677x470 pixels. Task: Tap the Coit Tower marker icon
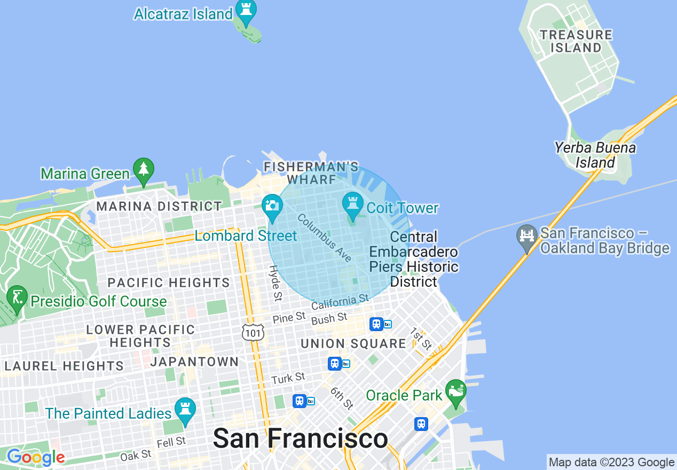(352, 206)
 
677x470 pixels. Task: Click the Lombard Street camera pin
(272, 207)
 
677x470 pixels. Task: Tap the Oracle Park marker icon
(455, 392)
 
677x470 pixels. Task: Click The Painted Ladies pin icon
(185, 411)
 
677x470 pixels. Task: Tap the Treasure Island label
(576, 41)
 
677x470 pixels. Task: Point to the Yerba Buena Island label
(595, 155)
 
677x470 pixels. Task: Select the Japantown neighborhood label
(194, 362)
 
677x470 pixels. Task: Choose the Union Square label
(353, 343)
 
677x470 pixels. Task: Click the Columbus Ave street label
(325, 238)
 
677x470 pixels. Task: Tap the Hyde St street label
(275, 283)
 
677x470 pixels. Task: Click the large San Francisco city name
(300, 438)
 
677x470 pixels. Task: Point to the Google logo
(36, 457)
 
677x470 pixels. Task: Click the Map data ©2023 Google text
(611, 463)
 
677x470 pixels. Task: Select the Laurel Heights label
(64, 366)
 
